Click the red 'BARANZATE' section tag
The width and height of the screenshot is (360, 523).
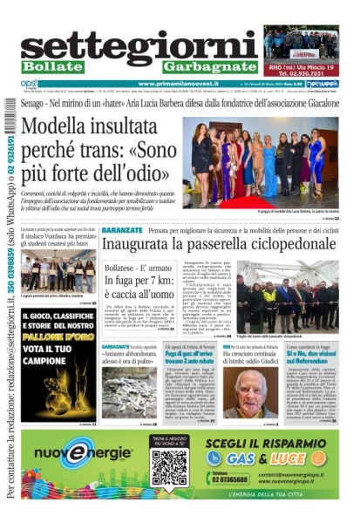click(x=121, y=229)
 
